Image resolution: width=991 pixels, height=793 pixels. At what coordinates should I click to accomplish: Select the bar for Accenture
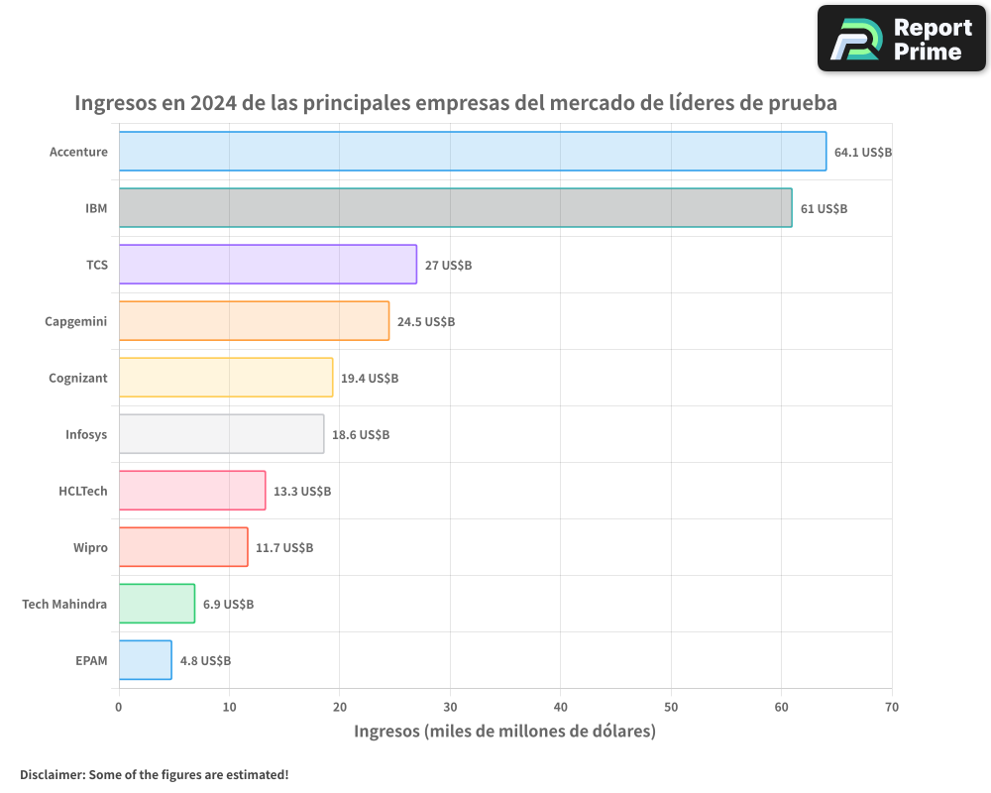pos(473,152)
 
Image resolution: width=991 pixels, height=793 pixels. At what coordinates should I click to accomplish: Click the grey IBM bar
pos(456,208)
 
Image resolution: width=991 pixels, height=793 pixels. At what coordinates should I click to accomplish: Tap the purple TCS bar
pos(268,265)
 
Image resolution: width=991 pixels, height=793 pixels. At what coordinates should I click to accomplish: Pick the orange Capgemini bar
pos(254,321)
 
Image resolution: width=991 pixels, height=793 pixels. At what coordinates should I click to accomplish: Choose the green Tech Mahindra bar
pos(157,604)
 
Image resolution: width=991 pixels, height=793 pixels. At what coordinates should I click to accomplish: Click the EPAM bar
pos(145,660)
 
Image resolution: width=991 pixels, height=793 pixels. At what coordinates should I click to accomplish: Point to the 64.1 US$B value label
pos(863,153)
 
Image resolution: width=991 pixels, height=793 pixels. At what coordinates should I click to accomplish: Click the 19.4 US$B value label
pos(370,379)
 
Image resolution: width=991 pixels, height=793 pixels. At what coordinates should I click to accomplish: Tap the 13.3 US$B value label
pos(302,492)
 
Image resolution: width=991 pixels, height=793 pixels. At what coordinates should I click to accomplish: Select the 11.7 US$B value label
pos(284,548)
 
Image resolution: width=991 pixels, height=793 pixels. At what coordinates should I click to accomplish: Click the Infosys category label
pos(86,435)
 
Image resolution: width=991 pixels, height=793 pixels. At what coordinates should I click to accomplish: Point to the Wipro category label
pos(90,548)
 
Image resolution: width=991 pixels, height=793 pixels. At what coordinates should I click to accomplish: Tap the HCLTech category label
pos(83,492)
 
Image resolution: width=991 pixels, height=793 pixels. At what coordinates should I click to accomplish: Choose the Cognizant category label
pos(78,379)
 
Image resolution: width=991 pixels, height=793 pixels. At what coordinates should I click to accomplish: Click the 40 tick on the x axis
pos(561,708)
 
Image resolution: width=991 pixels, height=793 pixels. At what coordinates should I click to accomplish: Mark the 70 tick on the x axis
pos(891,708)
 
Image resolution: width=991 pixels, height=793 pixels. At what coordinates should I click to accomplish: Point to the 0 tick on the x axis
pos(119,708)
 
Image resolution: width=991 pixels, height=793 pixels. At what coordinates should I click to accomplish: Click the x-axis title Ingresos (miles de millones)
pos(504,733)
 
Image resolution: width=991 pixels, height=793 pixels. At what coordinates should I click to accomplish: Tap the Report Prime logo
pos(902,39)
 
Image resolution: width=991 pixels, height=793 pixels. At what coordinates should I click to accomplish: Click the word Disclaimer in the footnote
pos(52,775)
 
